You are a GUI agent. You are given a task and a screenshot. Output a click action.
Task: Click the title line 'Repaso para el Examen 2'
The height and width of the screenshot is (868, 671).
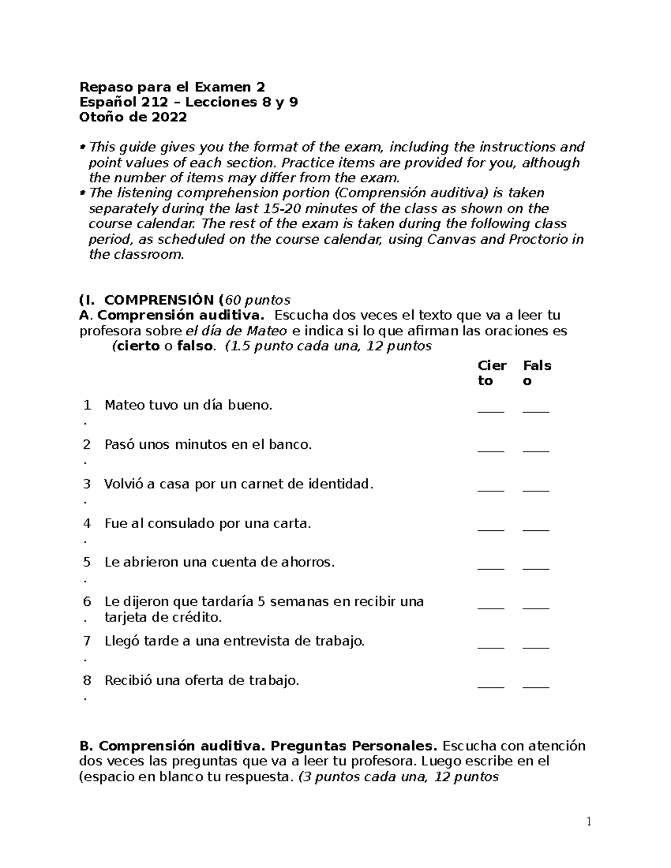coord(172,87)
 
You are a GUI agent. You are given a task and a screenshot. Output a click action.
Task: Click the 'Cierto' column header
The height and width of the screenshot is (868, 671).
coord(492,373)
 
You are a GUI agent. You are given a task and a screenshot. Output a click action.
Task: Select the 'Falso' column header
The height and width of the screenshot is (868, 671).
coord(537,373)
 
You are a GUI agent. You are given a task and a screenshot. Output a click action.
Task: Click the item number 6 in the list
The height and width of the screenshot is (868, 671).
coord(87,602)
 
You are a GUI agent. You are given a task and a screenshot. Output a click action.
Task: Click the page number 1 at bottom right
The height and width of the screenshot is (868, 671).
coord(589,821)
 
